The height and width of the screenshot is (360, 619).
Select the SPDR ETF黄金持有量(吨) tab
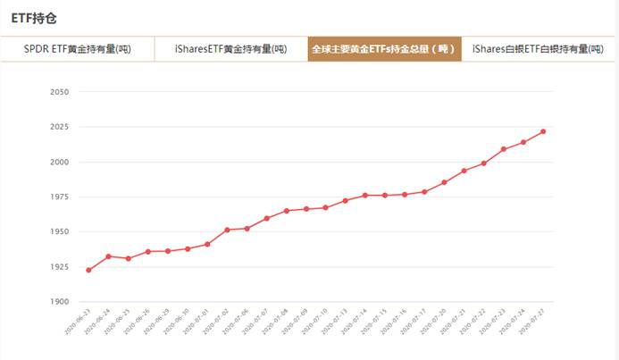pyautogui.click(x=78, y=49)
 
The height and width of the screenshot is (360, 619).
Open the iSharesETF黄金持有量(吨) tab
pyautogui.click(x=230, y=49)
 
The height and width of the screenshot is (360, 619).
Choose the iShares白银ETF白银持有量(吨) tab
pyautogui.click(x=538, y=49)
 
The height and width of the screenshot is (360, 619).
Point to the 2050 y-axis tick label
pyautogui.click(x=60, y=92)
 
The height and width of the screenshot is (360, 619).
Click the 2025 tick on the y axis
pyautogui.click(x=60, y=127)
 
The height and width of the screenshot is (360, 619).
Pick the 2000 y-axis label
pyautogui.click(x=60, y=162)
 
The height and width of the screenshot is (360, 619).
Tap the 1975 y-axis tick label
pyautogui.click(x=60, y=197)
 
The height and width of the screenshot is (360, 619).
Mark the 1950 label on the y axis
pyautogui.click(x=60, y=231)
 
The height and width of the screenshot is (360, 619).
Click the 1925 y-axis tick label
pyautogui.click(x=60, y=266)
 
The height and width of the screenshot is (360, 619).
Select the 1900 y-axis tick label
pyautogui.click(x=60, y=302)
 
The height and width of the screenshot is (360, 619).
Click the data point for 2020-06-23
pyautogui.click(x=88, y=270)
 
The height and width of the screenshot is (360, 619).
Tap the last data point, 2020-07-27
pyautogui.click(x=543, y=131)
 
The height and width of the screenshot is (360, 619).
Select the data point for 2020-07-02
pyautogui.click(x=227, y=230)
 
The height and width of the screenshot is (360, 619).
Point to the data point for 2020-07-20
pyautogui.click(x=444, y=182)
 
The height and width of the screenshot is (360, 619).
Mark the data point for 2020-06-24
pyautogui.click(x=108, y=256)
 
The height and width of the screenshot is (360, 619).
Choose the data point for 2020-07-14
pyautogui.click(x=364, y=195)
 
